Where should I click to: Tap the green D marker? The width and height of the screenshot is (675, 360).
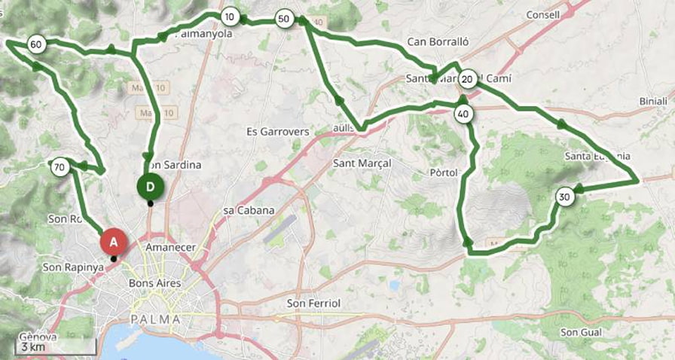pyautogui.click(x=151, y=186)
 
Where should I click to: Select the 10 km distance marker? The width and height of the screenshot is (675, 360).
pyautogui.click(x=231, y=17)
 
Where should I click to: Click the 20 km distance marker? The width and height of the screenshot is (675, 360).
pyautogui.click(x=467, y=79)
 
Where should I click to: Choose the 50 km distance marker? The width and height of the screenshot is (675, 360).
pyautogui.click(x=283, y=19)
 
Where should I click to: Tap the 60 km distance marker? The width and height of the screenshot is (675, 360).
pyautogui.click(x=35, y=45)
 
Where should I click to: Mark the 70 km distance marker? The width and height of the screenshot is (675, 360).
pyautogui.click(x=60, y=166)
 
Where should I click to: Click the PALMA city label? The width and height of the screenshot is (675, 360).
pyautogui.click(x=156, y=319)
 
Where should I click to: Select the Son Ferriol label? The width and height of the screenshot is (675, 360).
pyautogui.click(x=314, y=304)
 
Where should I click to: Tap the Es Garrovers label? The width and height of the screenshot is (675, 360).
pyautogui.click(x=278, y=132)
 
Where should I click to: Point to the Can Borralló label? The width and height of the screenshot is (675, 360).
pyautogui.click(x=438, y=42)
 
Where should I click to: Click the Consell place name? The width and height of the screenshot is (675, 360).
pyautogui.click(x=543, y=15)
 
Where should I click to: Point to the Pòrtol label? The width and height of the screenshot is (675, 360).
pyautogui.click(x=443, y=172)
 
